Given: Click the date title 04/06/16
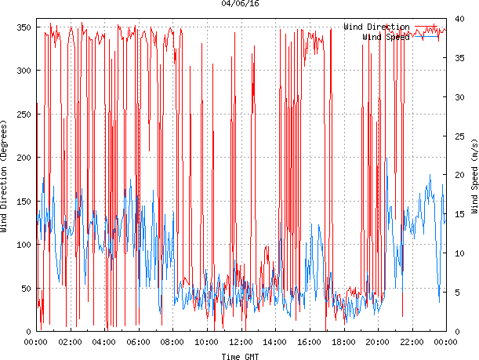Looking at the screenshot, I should click(240, 4).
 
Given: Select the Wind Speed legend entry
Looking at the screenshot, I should click(386, 36).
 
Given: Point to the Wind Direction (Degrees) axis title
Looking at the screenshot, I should click(5, 176).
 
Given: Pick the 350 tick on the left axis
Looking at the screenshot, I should click(22, 27).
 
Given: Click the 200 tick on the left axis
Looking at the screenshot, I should click(22, 158).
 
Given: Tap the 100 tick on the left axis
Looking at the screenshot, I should click(22, 245).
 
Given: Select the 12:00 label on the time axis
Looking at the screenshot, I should click(241, 342).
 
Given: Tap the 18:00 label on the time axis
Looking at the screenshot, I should click(343, 342).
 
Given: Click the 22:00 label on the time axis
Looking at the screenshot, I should click(412, 342).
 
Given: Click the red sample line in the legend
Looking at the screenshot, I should click(429, 27).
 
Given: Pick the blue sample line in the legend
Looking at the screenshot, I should click(429, 36).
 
